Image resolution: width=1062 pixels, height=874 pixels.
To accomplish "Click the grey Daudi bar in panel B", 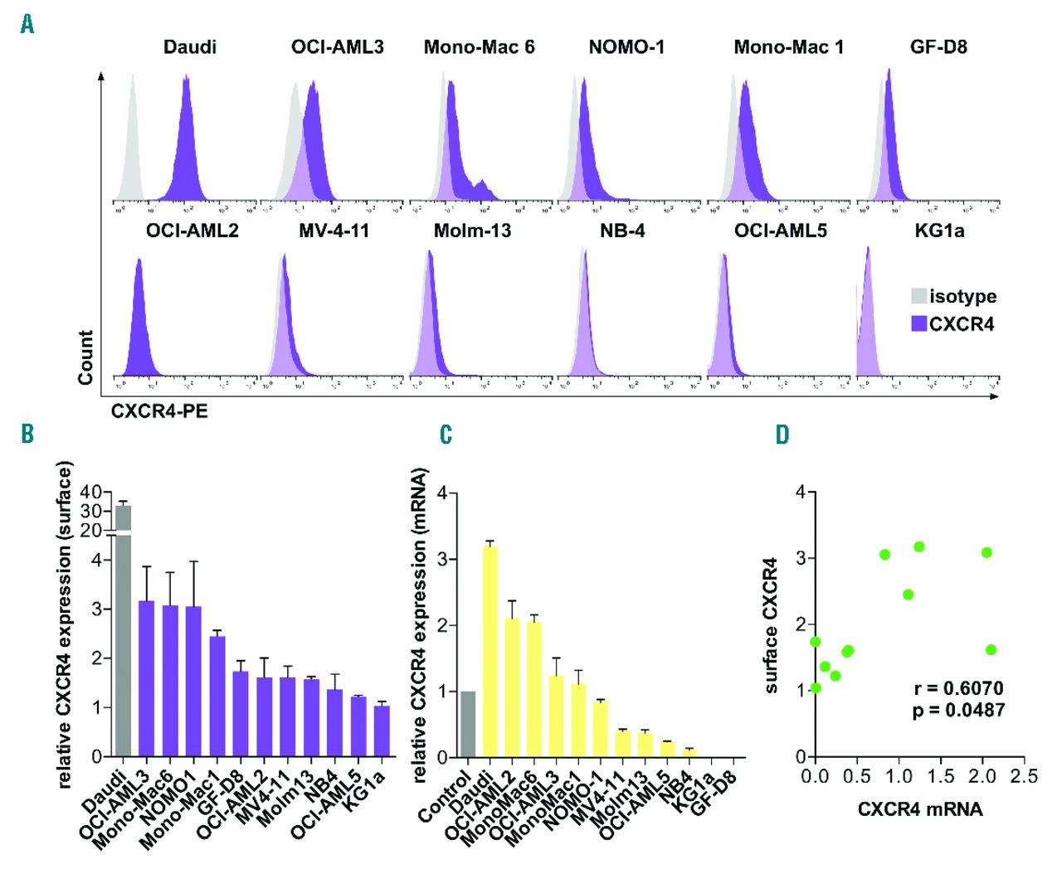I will (x=123, y=630).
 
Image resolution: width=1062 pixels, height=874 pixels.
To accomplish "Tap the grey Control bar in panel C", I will (x=468, y=724).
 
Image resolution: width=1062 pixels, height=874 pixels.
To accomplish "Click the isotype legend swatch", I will (x=918, y=297).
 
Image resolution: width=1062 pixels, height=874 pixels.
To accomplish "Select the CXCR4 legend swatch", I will (x=918, y=323).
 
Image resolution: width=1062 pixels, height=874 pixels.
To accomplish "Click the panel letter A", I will (x=27, y=25).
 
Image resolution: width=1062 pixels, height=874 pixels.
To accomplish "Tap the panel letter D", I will (x=782, y=435).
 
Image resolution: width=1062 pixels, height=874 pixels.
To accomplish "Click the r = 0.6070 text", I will (x=958, y=688).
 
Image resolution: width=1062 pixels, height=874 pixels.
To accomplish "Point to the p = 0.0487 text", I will (x=958, y=710).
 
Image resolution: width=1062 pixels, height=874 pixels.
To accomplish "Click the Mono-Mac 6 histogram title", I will (x=479, y=47).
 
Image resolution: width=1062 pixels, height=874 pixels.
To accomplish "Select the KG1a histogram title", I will (x=939, y=231).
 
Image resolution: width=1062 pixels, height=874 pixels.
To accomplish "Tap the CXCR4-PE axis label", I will (x=159, y=410).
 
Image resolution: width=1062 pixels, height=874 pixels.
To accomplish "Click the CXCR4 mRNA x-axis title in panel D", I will (x=920, y=809).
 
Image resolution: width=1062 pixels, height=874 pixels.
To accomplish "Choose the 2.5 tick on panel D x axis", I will (x=1025, y=776).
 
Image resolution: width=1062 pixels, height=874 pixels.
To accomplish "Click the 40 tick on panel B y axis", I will (x=90, y=493).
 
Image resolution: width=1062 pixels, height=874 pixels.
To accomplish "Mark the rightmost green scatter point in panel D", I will (x=991, y=650).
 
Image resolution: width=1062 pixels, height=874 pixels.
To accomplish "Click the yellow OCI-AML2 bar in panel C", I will (x=513, y=687).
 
